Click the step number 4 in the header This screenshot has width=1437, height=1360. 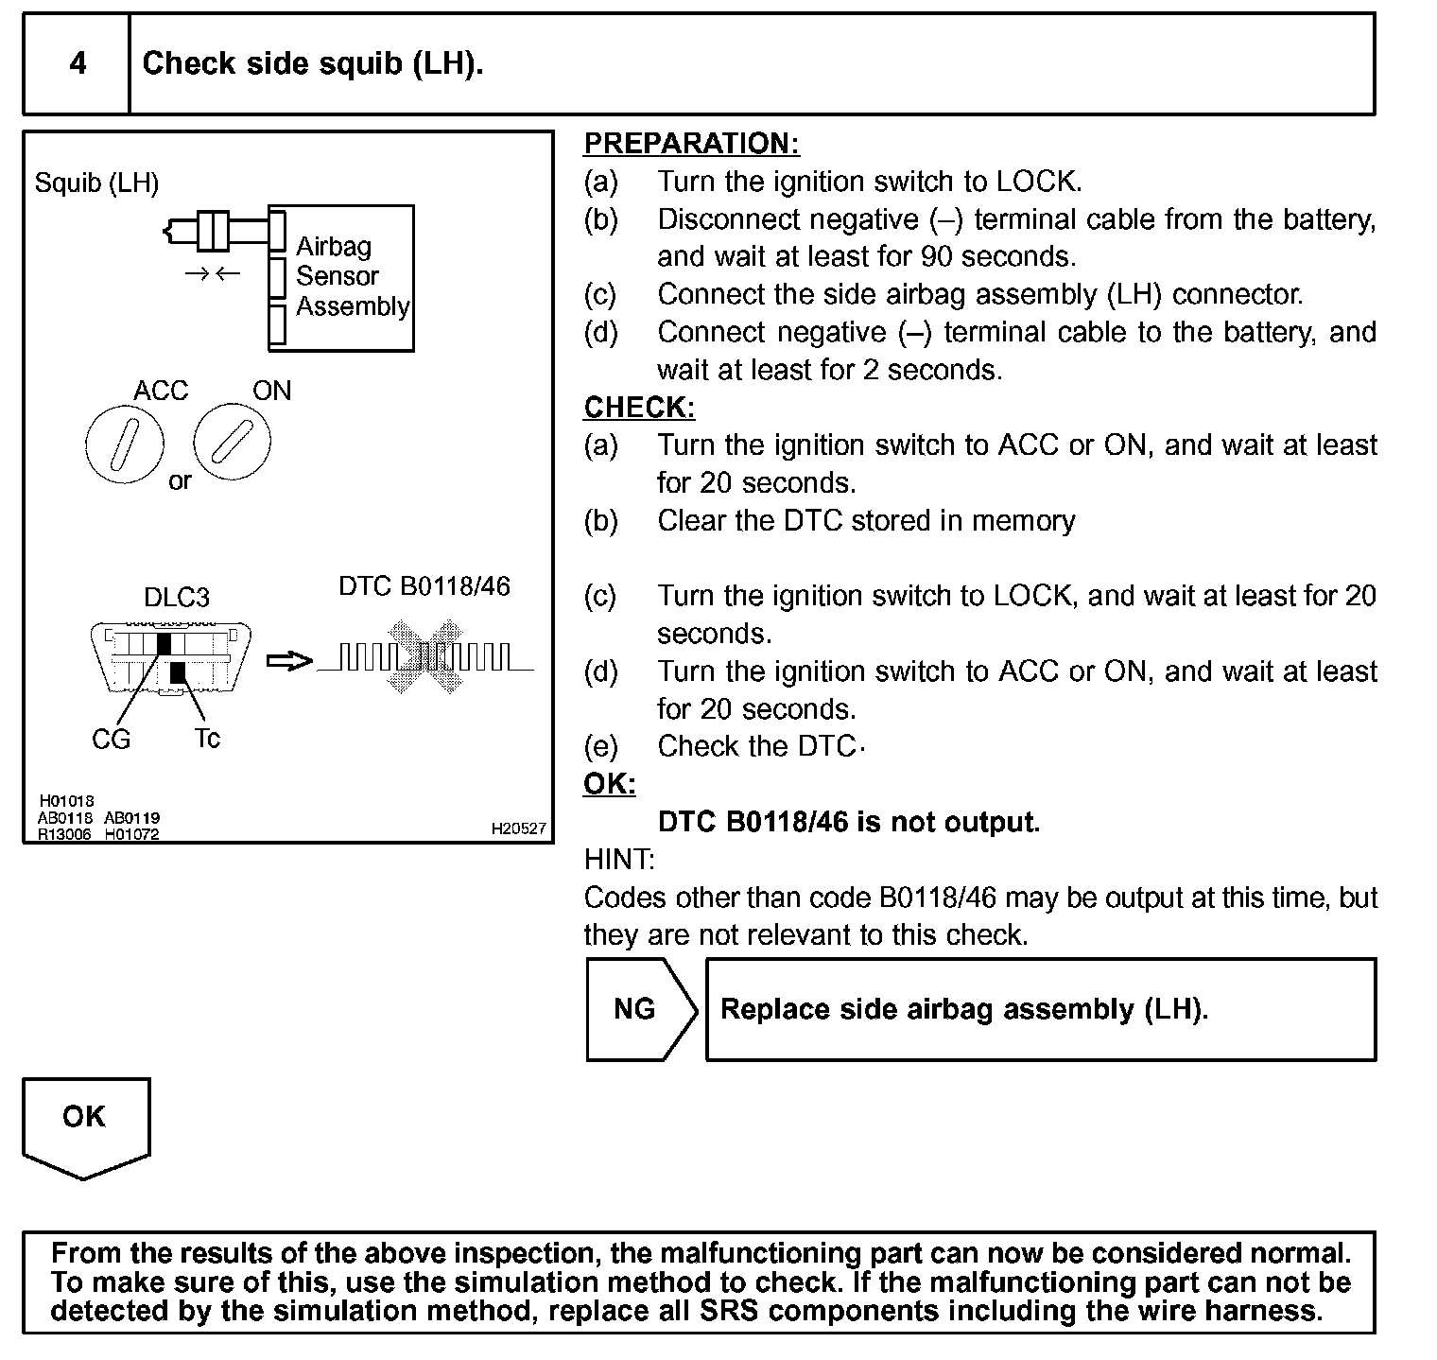78,63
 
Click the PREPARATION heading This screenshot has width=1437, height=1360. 691,144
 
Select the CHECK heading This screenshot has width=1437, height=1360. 639,408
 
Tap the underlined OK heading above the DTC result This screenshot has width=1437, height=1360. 609,784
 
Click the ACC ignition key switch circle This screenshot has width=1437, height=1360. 125,444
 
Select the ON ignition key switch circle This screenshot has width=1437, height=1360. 232,442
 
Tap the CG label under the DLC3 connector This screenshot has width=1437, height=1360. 111,740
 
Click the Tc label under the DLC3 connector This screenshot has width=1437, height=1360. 207,739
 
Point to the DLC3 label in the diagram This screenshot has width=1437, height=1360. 176,598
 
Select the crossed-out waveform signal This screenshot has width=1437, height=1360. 425,656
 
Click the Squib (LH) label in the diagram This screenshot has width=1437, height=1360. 96,183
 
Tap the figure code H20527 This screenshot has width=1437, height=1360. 518,828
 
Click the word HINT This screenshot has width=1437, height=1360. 619,860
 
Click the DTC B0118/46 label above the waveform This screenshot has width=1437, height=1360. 424,586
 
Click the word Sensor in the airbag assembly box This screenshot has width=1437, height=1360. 337,276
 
